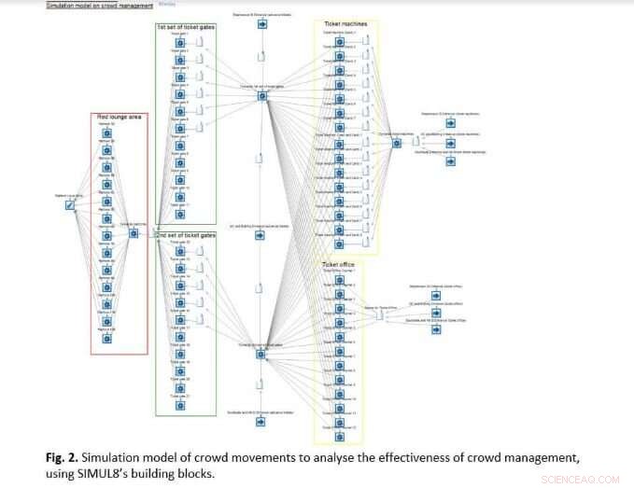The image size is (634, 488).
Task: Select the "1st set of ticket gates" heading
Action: (x=186, y=27)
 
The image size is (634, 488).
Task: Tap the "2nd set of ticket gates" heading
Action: (x=186, y=235)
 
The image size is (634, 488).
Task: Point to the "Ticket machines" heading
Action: (x=345, y=23)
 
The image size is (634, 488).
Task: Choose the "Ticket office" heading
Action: (x=338, y=264)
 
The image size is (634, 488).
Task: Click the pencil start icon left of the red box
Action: (x=69, y=205)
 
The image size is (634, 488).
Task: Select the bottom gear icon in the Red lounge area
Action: (x=106, y=340)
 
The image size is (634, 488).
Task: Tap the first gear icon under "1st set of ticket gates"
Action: (x=174, y=42)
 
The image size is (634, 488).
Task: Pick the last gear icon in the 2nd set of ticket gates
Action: (x=174, y=404)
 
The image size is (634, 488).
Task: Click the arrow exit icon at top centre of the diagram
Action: (x=262, y=24)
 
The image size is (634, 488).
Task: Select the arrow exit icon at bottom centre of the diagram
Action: (x=262, y=423)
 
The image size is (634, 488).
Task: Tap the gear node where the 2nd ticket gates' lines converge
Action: (x=261, y=353)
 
